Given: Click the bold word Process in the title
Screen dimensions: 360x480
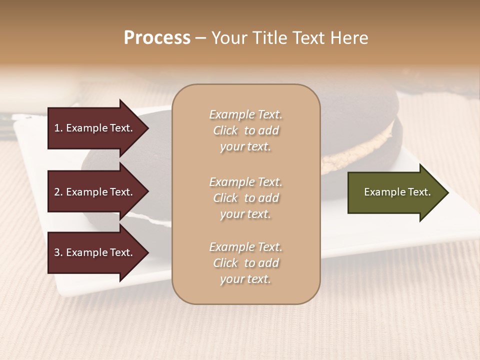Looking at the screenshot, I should click(157, 38).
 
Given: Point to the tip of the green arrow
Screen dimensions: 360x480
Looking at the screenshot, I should click(447, 192).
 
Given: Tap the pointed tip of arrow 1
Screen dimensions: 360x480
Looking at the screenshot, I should click(147, 128).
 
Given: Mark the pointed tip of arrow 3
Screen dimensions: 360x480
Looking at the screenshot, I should click(147, 252).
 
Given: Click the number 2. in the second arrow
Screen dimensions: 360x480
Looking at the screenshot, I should click(58, 192).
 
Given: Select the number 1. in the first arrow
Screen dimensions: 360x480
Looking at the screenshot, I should click(58, 128).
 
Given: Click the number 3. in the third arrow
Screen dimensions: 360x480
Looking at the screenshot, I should click(58, 252).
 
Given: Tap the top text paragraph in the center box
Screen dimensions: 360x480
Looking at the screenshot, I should click(245, 130).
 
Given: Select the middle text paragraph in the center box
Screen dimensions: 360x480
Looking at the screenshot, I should click(245, 198).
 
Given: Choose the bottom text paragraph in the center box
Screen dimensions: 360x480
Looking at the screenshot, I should click(245, 263).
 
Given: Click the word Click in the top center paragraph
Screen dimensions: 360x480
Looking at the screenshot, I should click(225, 130).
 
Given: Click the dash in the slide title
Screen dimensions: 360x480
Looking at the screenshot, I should click(200, 38).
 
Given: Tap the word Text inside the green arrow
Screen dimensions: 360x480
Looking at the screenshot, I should click(419, 192).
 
